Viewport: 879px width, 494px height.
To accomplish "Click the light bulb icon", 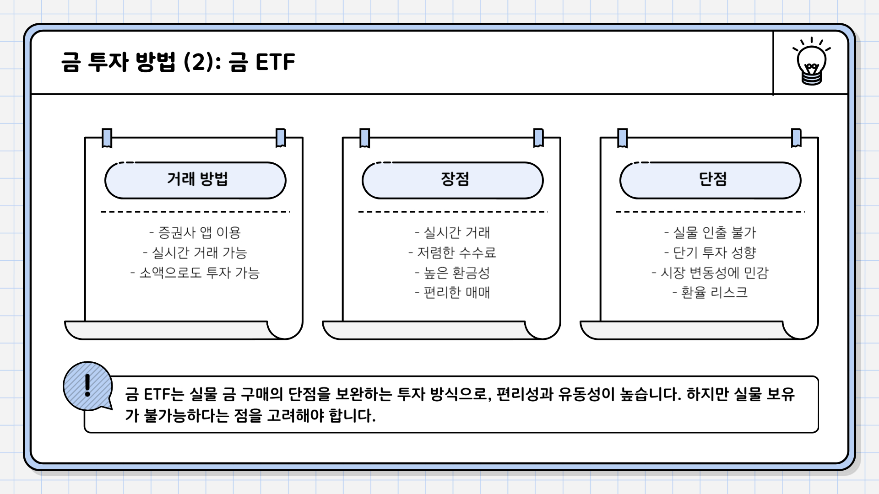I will click(x=811, y=63).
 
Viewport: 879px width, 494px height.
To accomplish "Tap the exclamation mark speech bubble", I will click(x=87, y=387).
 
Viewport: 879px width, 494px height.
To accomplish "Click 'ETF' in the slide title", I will click(x=275, y=62).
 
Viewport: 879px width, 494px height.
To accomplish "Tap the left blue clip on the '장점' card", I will click(x=365, y=138).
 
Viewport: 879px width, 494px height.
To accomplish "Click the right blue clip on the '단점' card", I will click(x=796, y=138).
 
